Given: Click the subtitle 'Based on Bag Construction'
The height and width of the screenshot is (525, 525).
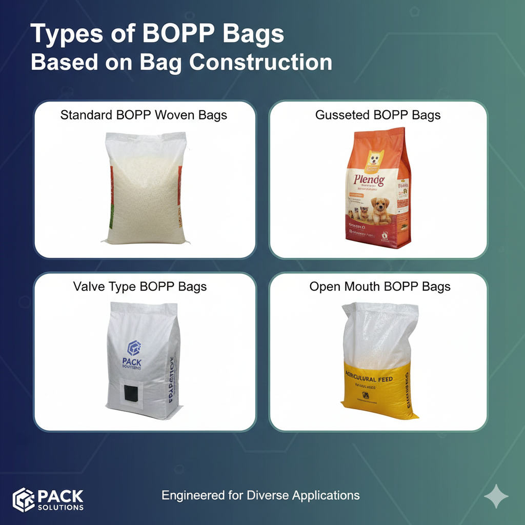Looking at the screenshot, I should pyautogui.click(x=181, y=63).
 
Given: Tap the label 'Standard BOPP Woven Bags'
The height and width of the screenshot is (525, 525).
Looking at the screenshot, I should pyautogui.click(x=144, y=115).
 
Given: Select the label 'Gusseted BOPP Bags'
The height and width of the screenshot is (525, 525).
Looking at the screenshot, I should pyautogui.click(x=378, y=115).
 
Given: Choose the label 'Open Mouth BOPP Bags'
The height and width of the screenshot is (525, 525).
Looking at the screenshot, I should pyautogui.click(x=380, y=286).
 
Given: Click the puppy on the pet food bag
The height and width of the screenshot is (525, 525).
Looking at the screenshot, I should pyautogui.click(x=380, y=210).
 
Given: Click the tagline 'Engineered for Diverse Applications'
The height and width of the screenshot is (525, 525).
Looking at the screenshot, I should pyautogui.click(x=260, y=495).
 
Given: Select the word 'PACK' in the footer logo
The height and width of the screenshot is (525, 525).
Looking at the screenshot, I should pyautogui.click(x=60, y=496).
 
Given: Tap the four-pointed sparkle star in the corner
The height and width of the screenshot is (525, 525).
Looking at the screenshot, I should pyautogui.click(x=496, y=496).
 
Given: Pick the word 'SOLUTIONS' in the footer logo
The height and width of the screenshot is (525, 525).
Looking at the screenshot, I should pyautogui.click(x=60, y=508).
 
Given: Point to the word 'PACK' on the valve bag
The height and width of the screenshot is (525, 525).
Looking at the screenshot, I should pyautogui.click(x=132, y=362).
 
